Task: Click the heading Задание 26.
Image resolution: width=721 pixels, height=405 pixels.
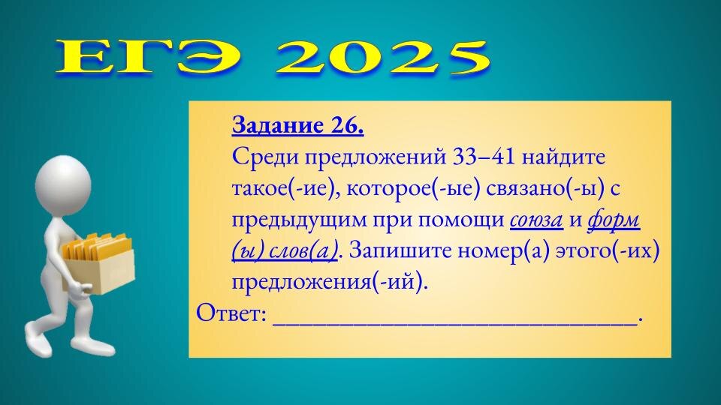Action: [298, 126]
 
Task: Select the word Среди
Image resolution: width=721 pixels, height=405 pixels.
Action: [263, 158]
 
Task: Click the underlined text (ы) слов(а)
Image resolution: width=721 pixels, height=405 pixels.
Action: [285, 251]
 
